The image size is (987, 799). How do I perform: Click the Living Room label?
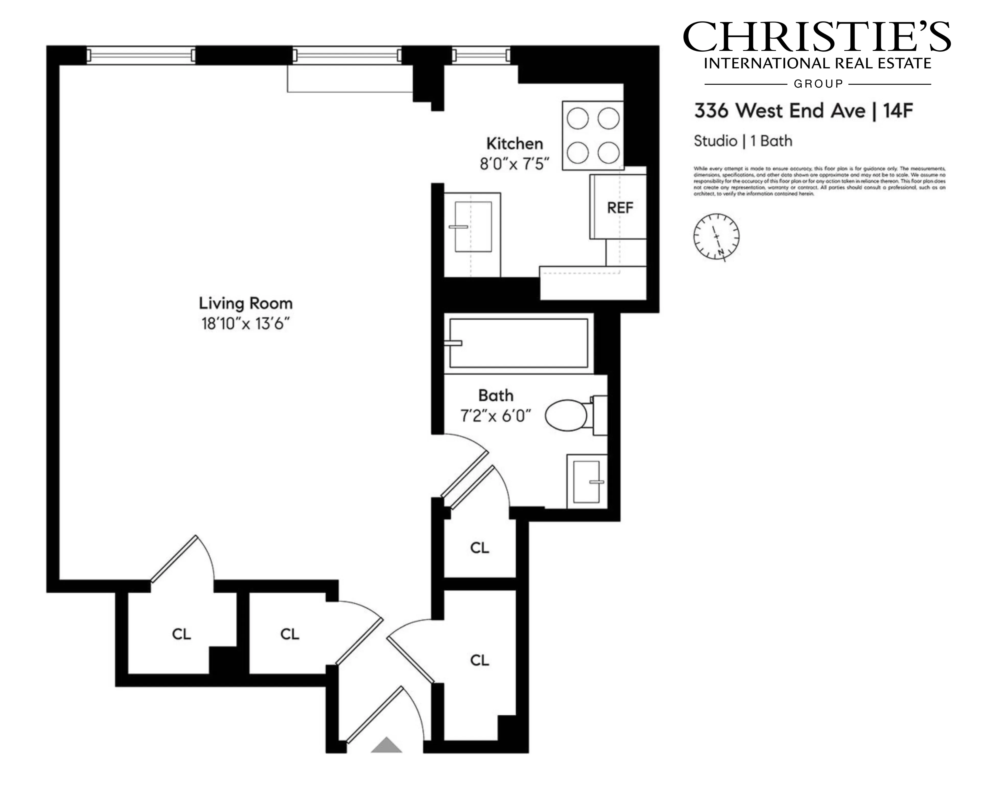pos(246,303)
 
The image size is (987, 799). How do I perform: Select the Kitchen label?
pos(514,144)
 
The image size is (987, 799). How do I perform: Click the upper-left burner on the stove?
pos(578,118)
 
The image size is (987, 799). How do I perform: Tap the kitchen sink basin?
pos(473,227)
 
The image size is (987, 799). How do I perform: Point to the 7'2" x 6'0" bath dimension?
pos(495,416)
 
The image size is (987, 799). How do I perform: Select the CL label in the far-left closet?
pos(181,634)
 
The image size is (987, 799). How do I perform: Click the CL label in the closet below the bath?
pos(479,548)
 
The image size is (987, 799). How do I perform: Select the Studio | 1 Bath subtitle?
pos(743,141)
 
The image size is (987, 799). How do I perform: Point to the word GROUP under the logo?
pos(818,84)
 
